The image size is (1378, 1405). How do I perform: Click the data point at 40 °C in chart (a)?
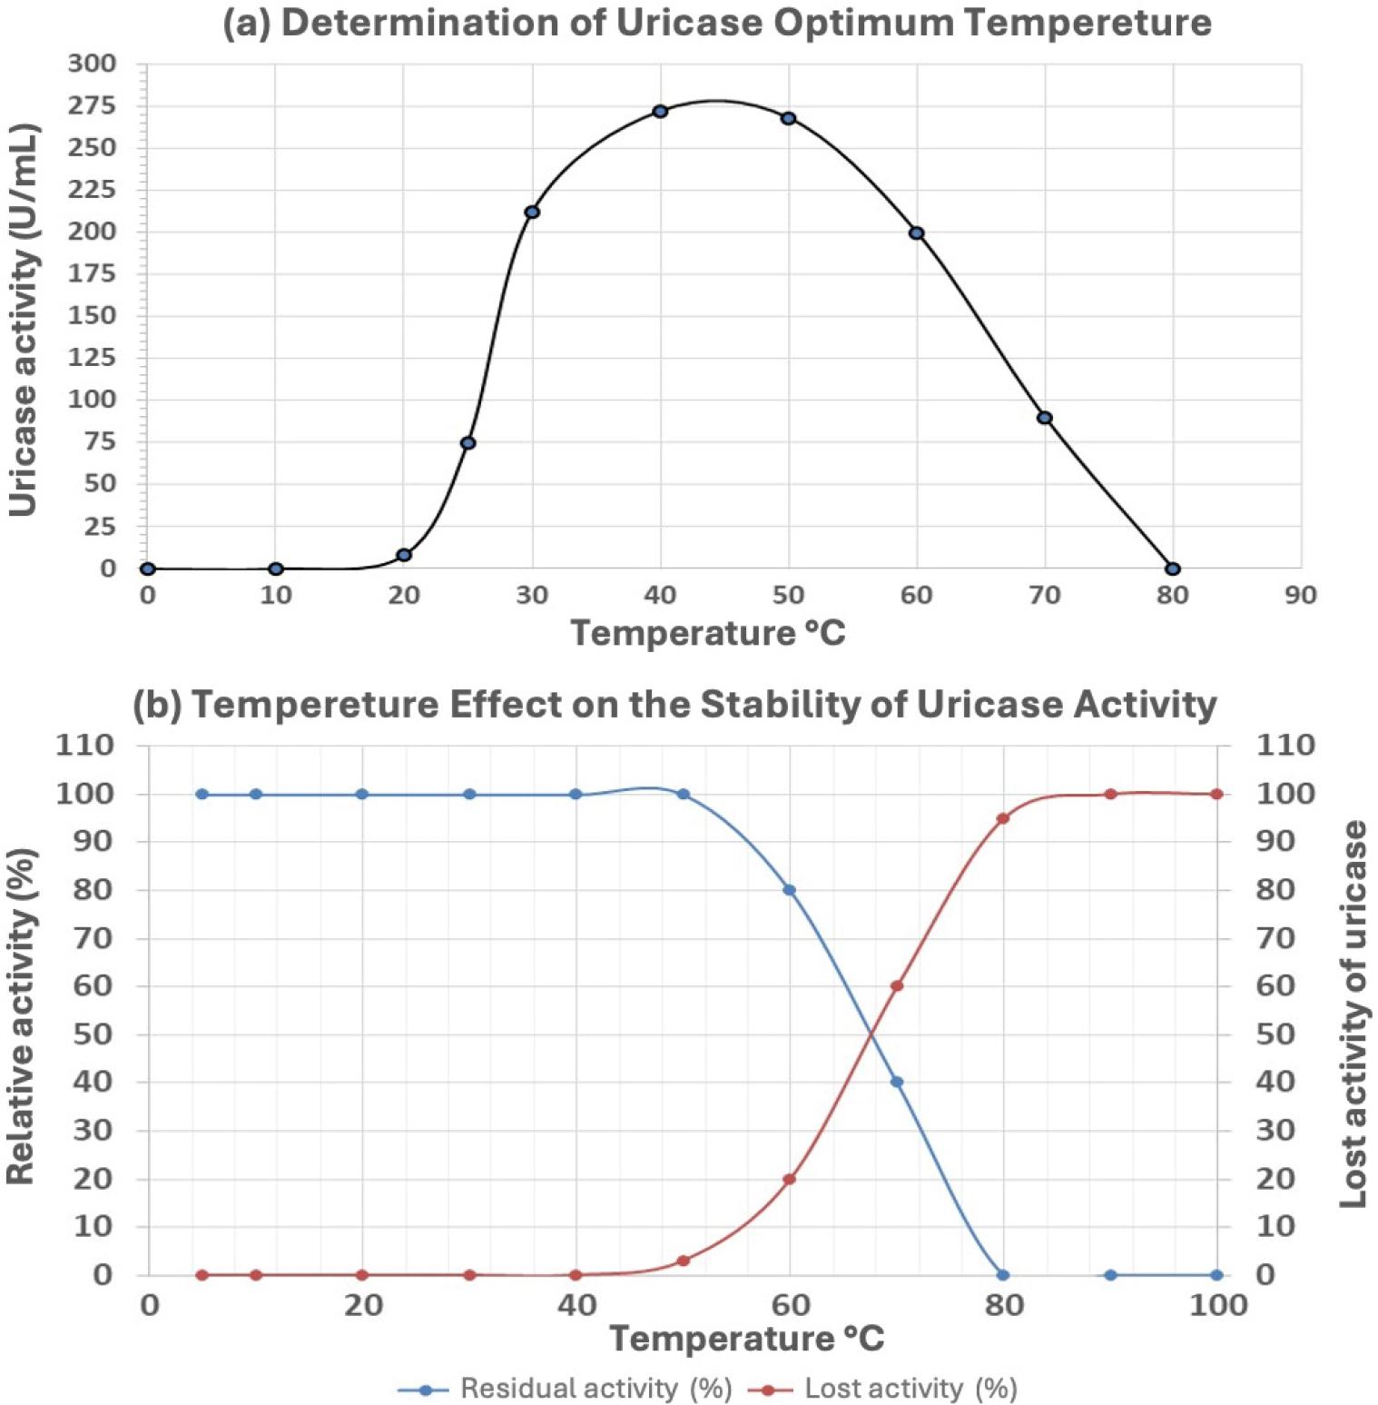[x=660, y=112]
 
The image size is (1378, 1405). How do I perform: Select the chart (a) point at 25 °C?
[x=468, y=443]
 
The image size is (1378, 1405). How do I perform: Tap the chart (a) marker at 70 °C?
[x=1045, y=418]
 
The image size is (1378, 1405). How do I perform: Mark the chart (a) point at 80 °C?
[x=1173, y=569]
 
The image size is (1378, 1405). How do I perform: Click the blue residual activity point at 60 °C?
[x=790, y=890]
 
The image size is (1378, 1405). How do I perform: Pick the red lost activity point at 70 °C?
[x=897, y=985]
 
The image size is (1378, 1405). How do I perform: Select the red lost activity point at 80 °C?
[x=1003, y=818]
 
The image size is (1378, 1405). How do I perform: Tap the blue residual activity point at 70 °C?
[x=897, y=1082]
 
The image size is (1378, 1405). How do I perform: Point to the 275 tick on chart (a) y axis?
[x=92, y=105]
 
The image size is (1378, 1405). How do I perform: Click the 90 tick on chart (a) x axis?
[x=1300, y=595]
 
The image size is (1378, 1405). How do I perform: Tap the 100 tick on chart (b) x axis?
[x=1217, y=1305]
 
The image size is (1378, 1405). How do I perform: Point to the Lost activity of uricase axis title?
[x=1353, y=1014]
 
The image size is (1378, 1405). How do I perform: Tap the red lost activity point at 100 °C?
[x=1217, y=794]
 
